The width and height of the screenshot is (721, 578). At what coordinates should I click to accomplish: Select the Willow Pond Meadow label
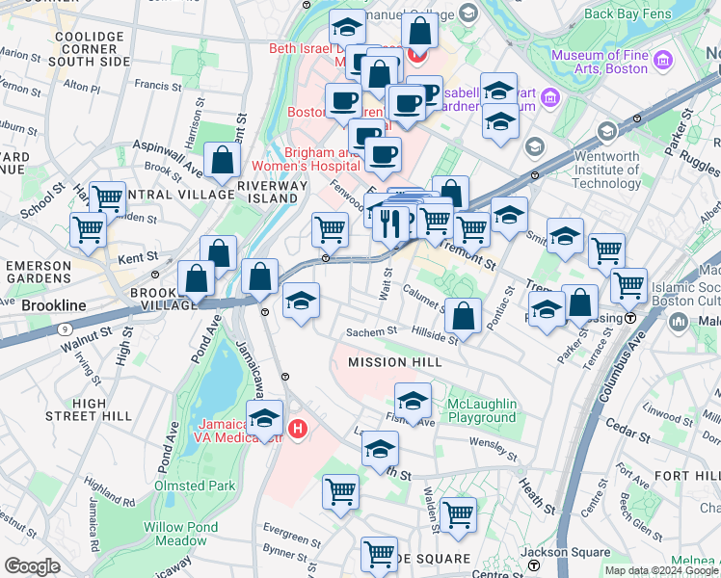(181, 534)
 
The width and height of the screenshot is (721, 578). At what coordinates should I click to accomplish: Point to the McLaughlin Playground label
(482, 410)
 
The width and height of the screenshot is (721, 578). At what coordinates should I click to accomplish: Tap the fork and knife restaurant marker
(390, 223)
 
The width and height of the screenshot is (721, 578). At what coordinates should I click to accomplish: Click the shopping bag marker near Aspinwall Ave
(222, 162)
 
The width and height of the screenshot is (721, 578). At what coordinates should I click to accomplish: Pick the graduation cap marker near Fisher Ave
(413, 400)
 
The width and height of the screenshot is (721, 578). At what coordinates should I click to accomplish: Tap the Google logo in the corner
(33, 566)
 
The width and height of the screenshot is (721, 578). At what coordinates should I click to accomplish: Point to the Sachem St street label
(371, 331)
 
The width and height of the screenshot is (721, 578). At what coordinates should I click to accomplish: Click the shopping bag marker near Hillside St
(464, 316)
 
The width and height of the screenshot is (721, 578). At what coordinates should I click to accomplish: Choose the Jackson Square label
(554, 552)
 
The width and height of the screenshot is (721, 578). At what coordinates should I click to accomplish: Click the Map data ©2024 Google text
(660, 570)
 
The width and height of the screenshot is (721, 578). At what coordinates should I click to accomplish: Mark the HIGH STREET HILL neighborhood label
(89, 409)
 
